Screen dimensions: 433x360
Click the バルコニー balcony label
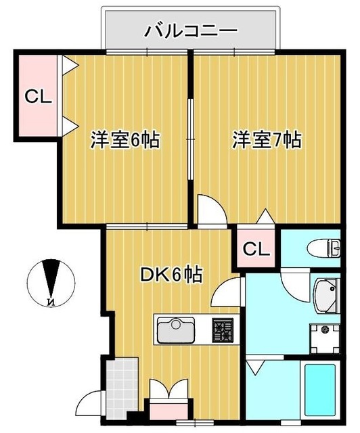190,30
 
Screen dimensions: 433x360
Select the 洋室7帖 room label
267,140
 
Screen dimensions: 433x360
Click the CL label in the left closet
38,97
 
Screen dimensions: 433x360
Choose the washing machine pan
326,337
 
